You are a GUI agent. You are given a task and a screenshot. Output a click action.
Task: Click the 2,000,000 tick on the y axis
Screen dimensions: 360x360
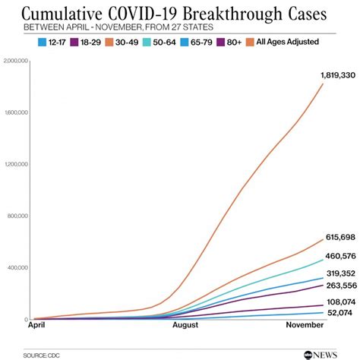16,60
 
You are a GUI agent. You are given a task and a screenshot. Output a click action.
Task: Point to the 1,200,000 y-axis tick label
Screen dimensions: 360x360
16,164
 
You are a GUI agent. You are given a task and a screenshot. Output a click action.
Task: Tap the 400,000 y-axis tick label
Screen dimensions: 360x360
17,267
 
